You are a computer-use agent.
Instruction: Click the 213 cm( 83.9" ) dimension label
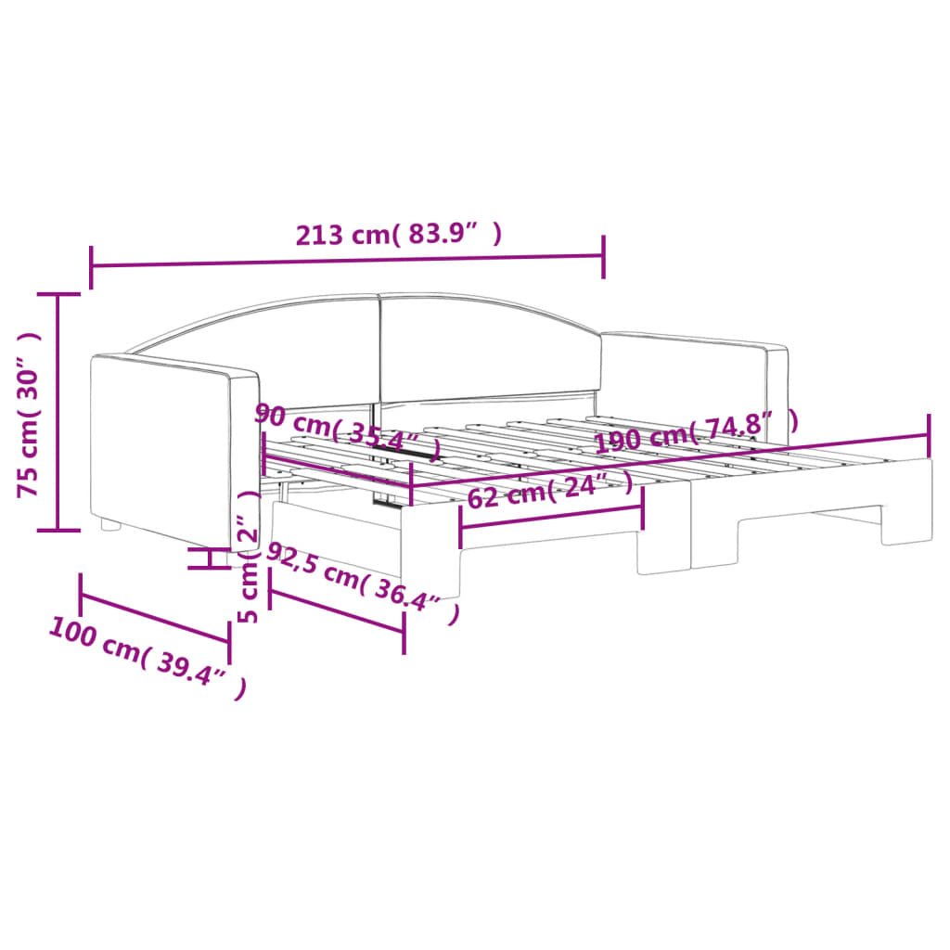[399, 235]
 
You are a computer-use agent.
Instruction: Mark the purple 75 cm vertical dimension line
[59, 412]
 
